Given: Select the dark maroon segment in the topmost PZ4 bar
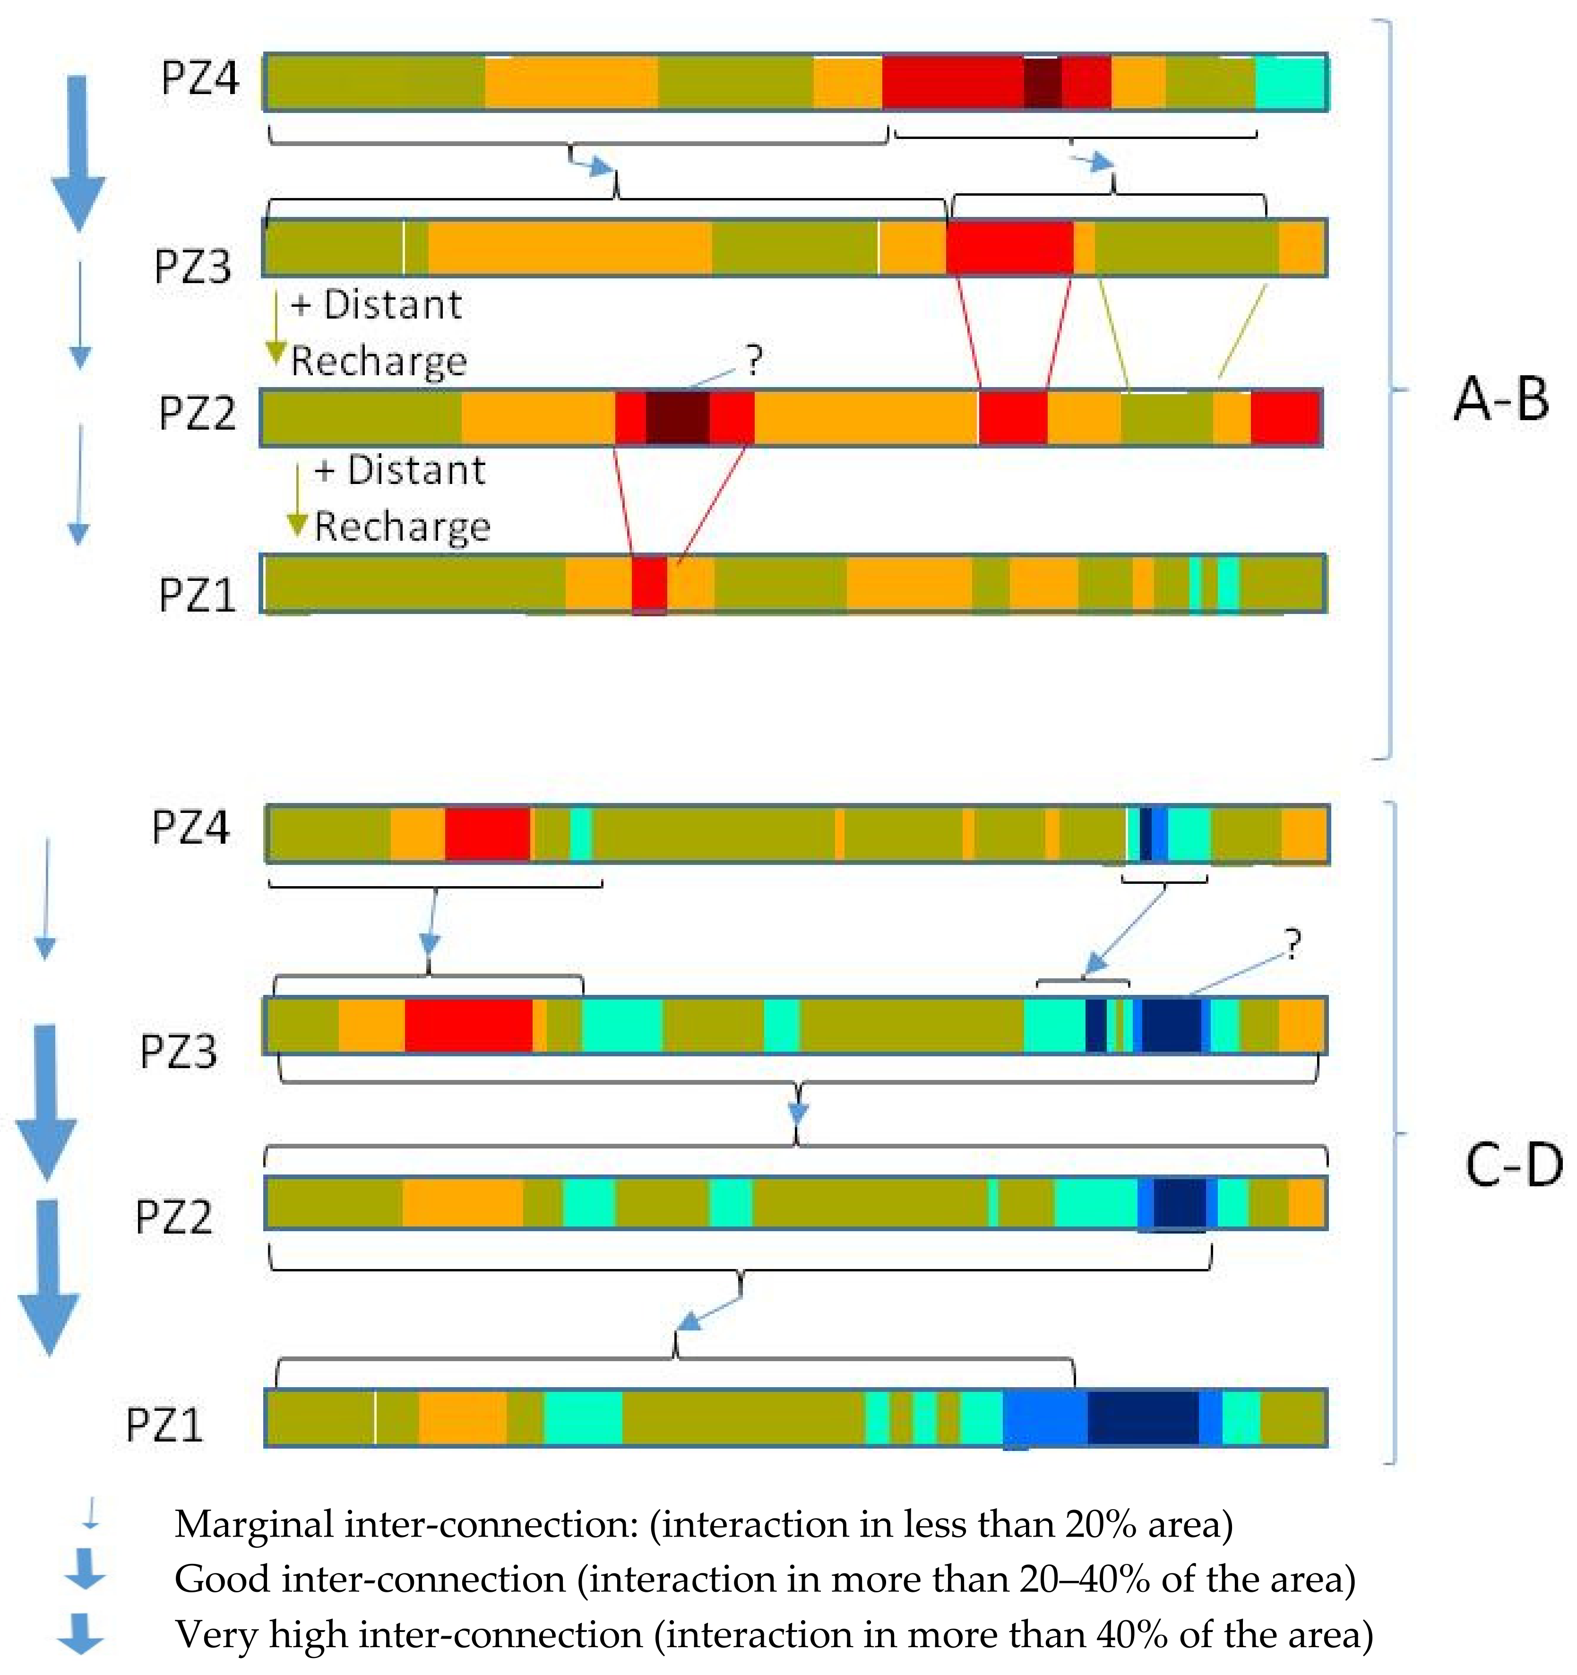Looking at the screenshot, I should click(x=1042, y=83).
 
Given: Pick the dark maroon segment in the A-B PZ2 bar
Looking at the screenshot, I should click(x=677, y=417).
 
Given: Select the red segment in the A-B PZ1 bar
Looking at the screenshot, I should click(x=649, y=583).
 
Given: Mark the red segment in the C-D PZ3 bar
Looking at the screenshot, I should click(x=468, y=1025).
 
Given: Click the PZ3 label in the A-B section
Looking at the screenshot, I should click(x=192, y=266).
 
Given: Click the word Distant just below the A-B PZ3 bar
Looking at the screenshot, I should click(x=393, y=304).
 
